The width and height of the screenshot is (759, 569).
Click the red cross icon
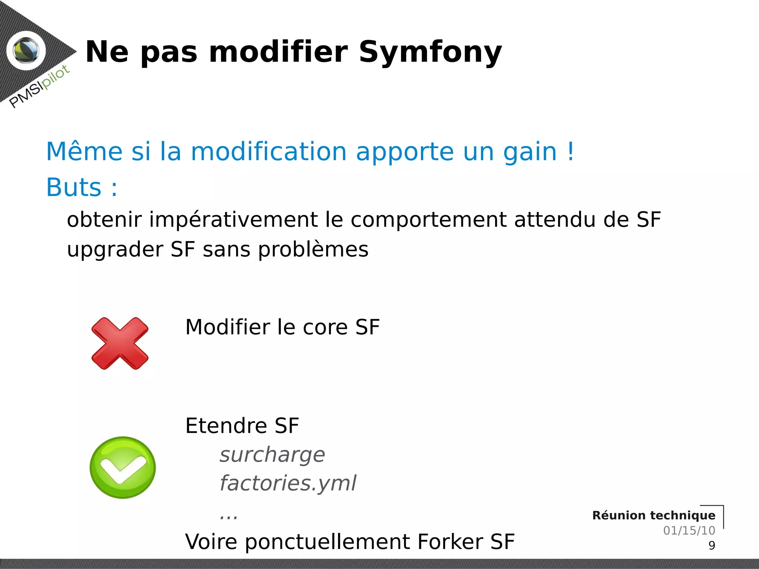[x=120, y=343]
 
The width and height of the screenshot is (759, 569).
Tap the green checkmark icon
[x=123, y=467]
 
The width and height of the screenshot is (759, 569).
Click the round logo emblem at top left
[x=26, y=51]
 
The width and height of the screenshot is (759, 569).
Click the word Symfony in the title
[x=430, y=53]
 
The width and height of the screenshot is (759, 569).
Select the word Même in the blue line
[x=84, y=152]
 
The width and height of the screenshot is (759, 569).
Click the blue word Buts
[x=74, y=187]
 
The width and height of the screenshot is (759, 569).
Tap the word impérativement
[x=233, y=220]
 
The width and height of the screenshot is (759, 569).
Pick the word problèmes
[x=313, y=249]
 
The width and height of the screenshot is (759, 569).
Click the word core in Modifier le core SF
[x=325, y=327]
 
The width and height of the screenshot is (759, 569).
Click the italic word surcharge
[x=272, y=455]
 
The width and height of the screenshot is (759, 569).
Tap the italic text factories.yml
[x=288, y=483]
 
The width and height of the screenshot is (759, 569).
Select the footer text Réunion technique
[x=653, y=515]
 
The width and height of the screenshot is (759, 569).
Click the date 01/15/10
[x=689, y=530]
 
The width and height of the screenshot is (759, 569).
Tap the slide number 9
[x=712, y=546]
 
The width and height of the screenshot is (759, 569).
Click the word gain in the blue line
[x=530, y=152]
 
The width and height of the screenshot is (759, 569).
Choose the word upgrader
[x=115, y=250]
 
